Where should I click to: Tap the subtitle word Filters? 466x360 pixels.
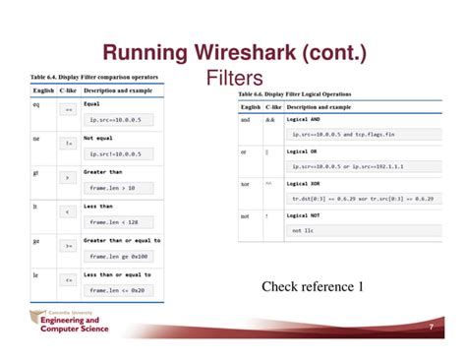[x=235, y=78]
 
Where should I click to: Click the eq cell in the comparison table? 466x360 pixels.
[x=36, y=103]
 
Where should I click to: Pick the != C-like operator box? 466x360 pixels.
[x=68, y=144]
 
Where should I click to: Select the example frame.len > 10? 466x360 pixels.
[x=117, y=187]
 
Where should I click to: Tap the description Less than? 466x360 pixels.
[x=99, y=206]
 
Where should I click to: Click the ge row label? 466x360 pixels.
[x=36, y=240]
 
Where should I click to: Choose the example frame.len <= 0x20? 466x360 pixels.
[x=121, y=290]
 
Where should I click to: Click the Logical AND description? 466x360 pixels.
[x=307, y=118]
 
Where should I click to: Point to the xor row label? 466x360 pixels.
[x=245, y=183]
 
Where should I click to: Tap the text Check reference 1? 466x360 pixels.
[x=313, y=286]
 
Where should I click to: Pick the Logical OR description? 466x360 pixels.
[x=306, y=150]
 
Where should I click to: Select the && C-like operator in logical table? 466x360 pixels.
[x=267, y=118]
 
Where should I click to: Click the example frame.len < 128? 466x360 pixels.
[x=119, y=221]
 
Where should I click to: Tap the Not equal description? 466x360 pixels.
[x=98, y=138]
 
